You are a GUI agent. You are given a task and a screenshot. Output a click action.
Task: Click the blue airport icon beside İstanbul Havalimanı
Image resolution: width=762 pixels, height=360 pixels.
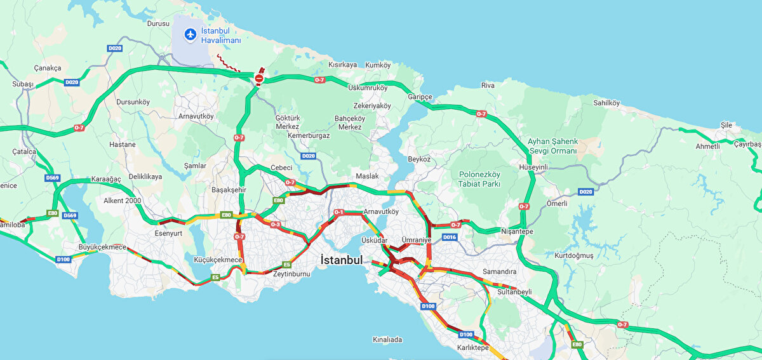(x=189, y=34)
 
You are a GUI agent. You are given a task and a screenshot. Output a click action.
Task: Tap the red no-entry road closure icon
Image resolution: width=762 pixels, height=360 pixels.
(x=260, y=78)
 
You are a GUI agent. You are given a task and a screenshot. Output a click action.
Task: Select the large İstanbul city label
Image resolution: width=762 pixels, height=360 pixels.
(x=342, y=260)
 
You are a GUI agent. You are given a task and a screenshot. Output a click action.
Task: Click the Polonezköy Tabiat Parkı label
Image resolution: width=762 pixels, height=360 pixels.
(x=479, y=179)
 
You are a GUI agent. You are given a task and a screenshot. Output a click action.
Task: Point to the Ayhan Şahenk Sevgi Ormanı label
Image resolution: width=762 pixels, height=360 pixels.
(x=552, y=146)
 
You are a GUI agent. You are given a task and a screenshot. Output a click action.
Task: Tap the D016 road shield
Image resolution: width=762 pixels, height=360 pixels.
(x=450, y=237)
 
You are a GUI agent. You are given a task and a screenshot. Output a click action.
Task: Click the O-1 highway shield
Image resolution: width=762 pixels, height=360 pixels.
(x=338, y=212)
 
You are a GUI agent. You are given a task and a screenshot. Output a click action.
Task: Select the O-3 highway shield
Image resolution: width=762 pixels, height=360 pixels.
(x=276, y=224)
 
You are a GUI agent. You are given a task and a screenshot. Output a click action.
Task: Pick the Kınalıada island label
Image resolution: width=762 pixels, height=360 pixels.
(x=387, y=340)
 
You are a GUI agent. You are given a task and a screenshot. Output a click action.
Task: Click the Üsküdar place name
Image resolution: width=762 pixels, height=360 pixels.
(x=374, y=240)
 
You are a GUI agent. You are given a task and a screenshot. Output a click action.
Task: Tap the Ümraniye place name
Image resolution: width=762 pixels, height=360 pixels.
(x=417, y=240)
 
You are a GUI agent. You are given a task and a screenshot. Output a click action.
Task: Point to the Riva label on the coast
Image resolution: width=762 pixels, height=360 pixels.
(x=488, y=85)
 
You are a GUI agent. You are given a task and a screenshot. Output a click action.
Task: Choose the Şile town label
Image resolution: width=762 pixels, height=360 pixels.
(x=726, y=125)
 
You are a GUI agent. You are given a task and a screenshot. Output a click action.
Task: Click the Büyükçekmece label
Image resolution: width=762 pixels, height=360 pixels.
(x=102, y=246)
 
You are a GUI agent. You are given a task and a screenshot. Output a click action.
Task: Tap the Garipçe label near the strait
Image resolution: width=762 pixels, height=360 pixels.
(x=420, y=97)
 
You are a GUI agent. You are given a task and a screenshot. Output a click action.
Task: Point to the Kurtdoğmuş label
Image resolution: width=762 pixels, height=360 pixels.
(x=574, y=255)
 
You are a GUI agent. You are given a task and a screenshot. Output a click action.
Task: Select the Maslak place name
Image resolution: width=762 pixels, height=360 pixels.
(x=367, y=176)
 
